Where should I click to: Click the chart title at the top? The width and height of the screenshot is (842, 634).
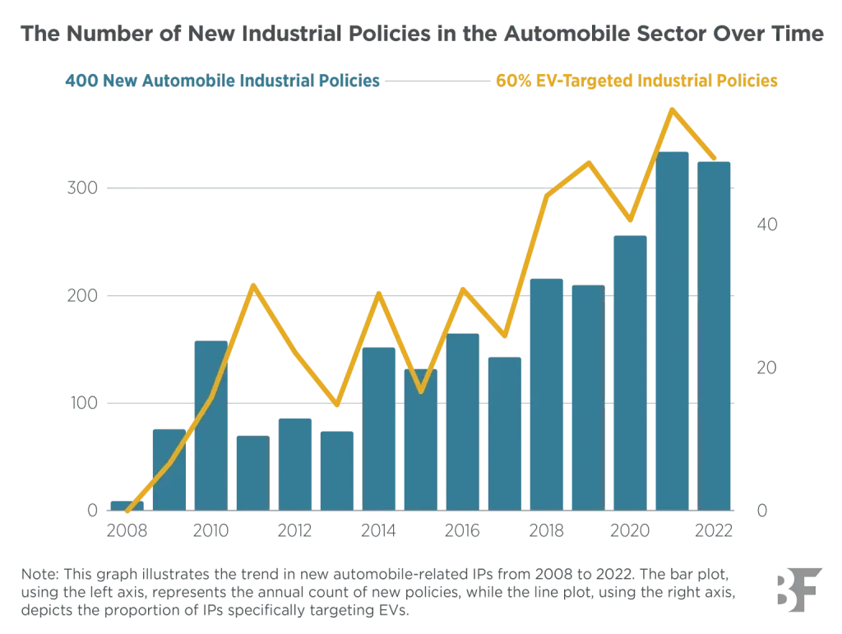click(x=421, y=36)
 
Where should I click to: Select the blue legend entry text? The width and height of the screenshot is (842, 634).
click(x=221, y=81)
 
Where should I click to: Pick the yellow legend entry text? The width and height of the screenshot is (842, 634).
click(x=637, y=81)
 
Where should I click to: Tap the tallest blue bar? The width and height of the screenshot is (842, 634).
click(x=673, y=329)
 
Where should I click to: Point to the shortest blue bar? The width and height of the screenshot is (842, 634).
click(x=121, y=505)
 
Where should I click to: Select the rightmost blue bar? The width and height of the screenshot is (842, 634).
click(x=715, y=333)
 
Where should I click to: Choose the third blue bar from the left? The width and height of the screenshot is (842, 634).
click(x=210, y=423)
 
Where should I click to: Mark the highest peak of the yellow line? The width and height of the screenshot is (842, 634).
click(x=673, y=109)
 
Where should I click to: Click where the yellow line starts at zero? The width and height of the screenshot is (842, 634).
click(x=127, y=511)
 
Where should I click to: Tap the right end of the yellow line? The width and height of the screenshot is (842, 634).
click(x=715, y=158)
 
